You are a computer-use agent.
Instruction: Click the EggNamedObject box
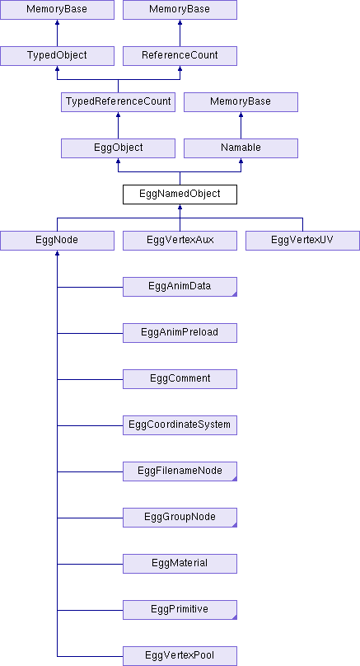180,194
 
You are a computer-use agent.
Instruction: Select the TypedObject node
58,56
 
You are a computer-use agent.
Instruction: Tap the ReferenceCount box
180,56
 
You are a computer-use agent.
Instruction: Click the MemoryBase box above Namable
241,102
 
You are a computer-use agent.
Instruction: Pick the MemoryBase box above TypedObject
58,10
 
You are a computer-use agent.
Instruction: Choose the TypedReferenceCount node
118,102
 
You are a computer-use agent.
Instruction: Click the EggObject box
118,148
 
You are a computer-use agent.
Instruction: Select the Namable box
241,148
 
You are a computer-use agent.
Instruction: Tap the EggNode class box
58,241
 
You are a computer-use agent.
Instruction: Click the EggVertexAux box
180,241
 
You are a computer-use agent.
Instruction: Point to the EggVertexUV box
302,241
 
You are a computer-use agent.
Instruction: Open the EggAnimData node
180,287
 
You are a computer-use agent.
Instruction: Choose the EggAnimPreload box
180,332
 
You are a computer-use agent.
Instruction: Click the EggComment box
180,379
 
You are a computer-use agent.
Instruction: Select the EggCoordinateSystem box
180,425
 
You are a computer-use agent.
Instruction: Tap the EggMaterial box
180,564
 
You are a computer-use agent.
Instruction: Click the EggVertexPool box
180,656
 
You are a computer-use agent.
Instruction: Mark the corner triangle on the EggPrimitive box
235,617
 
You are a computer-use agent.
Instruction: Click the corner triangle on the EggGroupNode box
235,525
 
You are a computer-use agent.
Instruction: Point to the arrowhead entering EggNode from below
58,253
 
